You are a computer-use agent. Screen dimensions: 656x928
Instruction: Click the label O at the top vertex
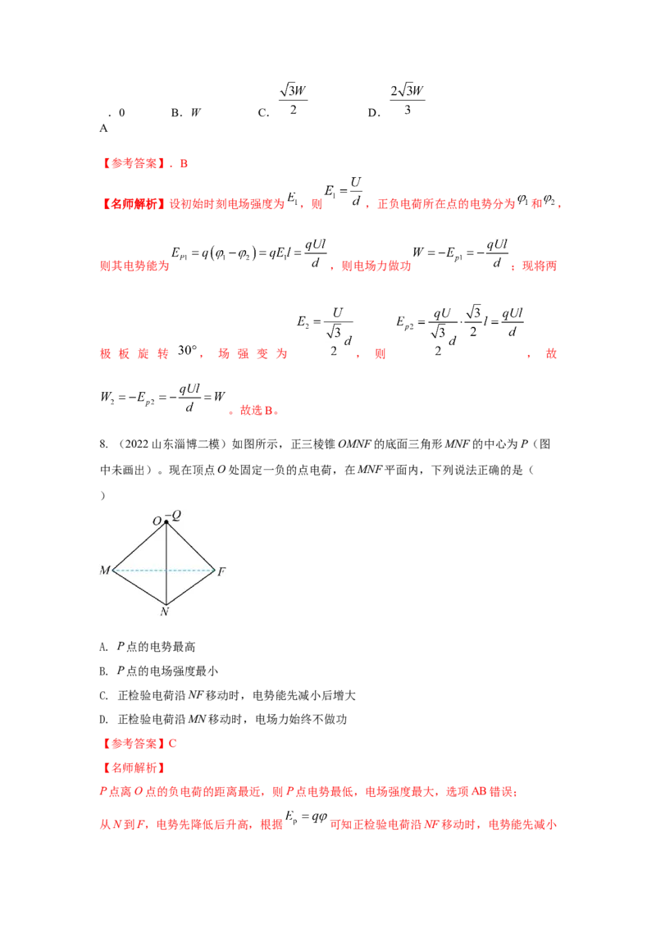click(157, 521)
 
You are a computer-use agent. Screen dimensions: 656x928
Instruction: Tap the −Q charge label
click(174, 513)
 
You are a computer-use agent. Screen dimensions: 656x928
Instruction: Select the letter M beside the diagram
click(105, 570)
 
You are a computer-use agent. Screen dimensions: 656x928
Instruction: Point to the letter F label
click(221, 571)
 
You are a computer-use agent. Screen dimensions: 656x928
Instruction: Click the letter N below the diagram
click(165, 611)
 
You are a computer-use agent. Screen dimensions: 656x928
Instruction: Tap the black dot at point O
click(166, 521)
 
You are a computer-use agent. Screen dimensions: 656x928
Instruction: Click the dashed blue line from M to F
click(139, 569)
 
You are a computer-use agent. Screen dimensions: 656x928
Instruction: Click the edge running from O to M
click(139, 545)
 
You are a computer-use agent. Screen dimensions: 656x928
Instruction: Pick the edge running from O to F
click(190, 545)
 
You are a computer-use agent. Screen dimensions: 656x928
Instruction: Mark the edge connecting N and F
click(190, 586)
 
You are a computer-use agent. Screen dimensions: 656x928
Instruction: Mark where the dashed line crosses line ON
click(166, 569)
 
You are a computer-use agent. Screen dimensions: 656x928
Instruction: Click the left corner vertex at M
click(113, 569)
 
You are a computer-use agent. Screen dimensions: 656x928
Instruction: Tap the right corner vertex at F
click(215, 569)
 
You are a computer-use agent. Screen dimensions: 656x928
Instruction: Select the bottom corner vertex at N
click(166, 603)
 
